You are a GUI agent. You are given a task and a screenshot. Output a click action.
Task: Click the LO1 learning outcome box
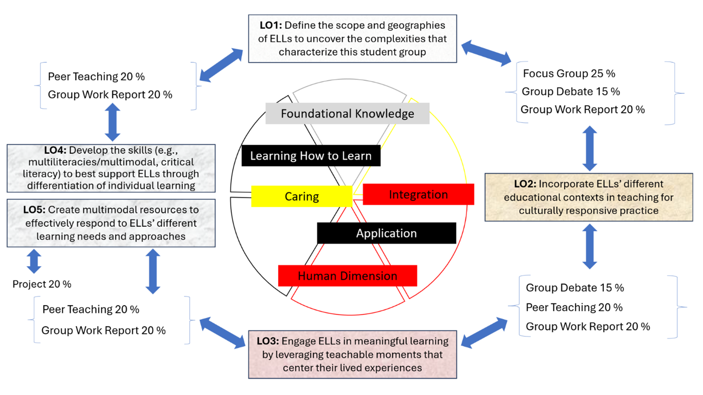point(352,39)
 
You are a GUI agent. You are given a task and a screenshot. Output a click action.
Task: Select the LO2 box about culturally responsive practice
point(588,197)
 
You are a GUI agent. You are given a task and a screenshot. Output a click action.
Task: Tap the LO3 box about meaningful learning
point(352,354)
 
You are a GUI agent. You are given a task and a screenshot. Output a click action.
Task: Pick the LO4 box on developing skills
point(111,168)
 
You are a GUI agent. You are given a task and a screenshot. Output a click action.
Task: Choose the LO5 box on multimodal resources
point(111,223)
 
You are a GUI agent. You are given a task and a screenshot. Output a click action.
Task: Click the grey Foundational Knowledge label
point(347,114)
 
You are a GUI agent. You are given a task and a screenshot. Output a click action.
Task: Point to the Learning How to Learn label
point(311,156)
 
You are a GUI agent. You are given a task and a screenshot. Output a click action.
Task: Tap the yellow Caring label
point(302,197)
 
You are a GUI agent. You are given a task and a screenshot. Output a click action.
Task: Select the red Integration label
point(418,195)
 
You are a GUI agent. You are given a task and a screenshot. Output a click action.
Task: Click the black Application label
point(386,234)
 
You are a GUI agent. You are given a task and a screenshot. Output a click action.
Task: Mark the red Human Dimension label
point(347,276)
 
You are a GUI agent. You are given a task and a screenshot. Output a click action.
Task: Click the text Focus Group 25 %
point(569,73)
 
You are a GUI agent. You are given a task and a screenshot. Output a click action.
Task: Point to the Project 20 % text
point(42,284)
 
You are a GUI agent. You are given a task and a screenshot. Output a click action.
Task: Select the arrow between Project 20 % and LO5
point(34,261)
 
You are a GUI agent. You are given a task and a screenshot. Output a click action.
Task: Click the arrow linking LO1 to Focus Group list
point(486,53)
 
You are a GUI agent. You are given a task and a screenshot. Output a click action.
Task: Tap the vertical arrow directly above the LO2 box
point(590,149)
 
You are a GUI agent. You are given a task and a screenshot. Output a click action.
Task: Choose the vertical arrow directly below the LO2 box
point(590,247)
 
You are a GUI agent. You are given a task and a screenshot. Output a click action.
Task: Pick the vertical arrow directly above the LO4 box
point(112,122)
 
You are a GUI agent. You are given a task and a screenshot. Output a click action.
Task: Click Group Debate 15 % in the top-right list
point(571,92)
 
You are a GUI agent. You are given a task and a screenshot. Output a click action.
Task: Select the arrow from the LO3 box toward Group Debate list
point(484,333)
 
